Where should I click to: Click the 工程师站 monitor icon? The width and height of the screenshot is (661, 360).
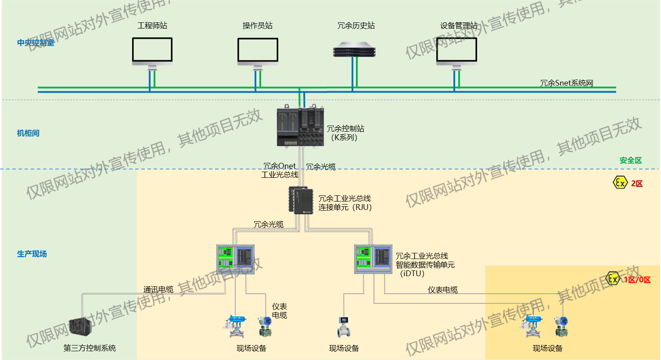coord(152,51)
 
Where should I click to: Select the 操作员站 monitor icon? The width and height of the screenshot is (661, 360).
coord(258,51)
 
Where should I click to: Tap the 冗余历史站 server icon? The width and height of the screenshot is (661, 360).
coord(354,50)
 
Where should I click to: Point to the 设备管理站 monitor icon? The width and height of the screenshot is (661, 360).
coord(456,51)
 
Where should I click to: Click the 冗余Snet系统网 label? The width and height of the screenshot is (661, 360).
coord(566,83)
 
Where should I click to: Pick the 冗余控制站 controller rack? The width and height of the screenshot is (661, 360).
coord(300,126)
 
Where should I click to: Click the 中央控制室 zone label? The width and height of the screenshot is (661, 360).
coord(36,43)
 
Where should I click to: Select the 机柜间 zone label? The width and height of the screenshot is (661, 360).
coord(28,133)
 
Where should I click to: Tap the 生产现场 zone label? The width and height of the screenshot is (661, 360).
coord(32,254)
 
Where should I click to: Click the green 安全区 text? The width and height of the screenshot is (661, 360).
coord(630,161)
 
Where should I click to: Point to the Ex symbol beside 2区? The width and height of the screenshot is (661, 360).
coord(620,183)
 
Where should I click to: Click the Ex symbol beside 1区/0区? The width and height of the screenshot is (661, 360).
coord(612,278)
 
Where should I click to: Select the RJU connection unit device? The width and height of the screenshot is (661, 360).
coord(301,201)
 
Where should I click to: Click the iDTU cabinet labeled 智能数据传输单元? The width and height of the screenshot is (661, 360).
coord(373,259)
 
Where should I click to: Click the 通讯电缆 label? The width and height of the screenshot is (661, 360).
coord(158,289)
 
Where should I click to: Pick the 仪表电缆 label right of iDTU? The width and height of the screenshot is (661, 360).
coord(442,290)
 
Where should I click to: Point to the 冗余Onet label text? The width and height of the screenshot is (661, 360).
coord(280,166)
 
